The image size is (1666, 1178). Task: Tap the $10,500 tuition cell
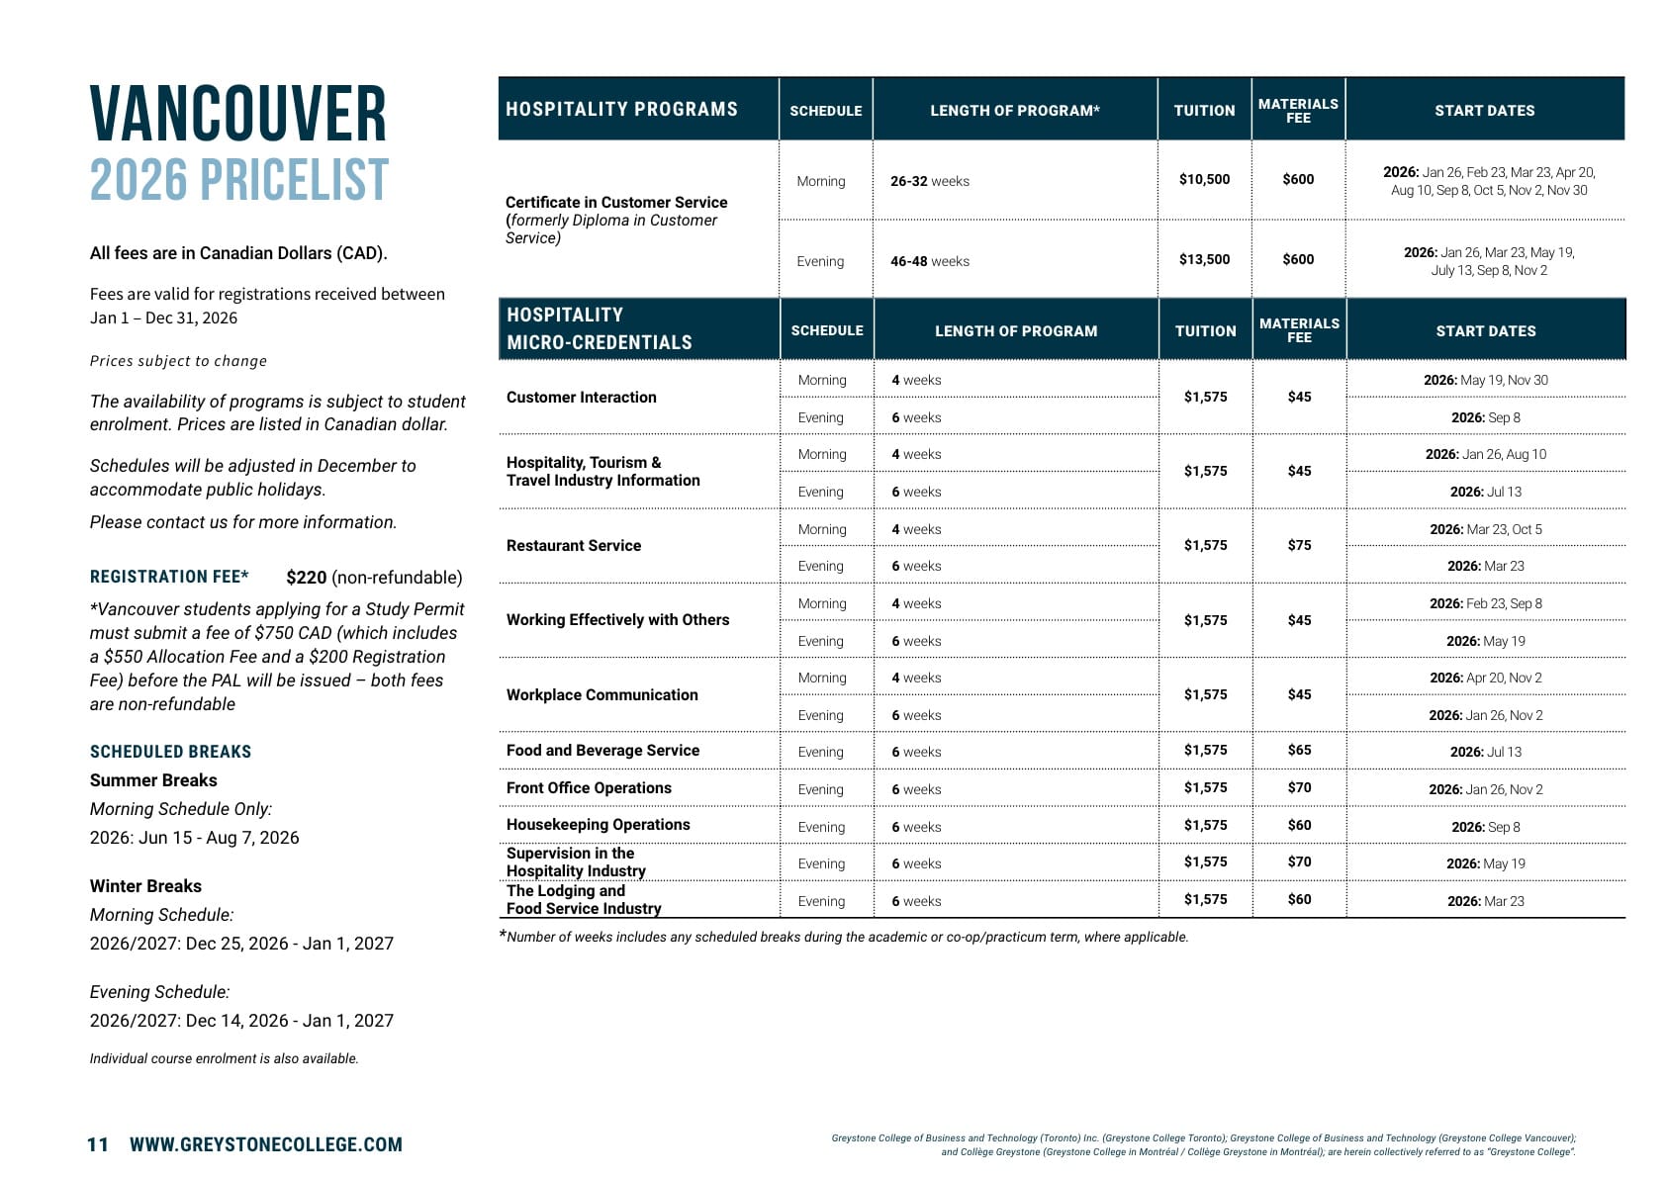click(1204, 179)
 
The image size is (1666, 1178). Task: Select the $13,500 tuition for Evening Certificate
click(1204, 259)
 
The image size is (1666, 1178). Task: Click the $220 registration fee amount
click(306, 578)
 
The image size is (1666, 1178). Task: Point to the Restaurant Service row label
click(574, 545)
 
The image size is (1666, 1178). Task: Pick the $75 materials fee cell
click(1299, 545)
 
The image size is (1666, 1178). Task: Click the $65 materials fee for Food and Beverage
click(1299, 750)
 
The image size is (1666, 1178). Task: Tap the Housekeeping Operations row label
click(598, 825)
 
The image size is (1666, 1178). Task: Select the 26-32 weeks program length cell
click(929, 181)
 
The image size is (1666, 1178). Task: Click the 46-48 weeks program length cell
click(929, 261)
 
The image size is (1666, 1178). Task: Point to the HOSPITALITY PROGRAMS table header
click(621, 109)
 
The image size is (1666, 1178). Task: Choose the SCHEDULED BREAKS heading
click(170, 752)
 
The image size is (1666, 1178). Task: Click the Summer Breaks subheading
click(153, 780)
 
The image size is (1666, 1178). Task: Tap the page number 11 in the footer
click(98, 1144)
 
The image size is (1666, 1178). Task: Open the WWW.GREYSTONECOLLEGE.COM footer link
click(266, 1144)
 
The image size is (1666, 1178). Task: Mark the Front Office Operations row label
click(589, 787)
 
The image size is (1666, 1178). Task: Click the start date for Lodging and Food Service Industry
click(1485, 901)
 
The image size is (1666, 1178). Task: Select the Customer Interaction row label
click(581, 397)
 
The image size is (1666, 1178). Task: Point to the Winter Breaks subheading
click(145, 886)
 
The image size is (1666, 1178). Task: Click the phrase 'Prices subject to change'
click(178, 361)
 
